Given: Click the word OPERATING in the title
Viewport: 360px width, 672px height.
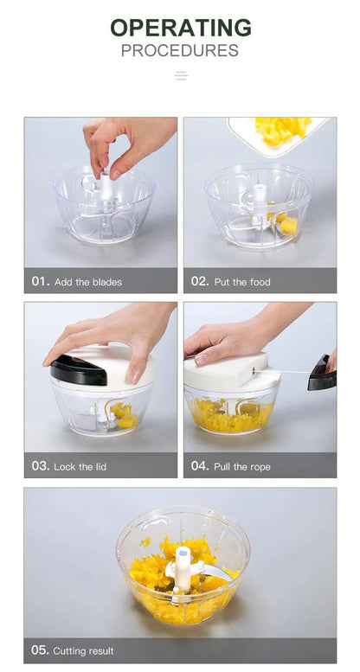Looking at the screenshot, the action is (181, 28).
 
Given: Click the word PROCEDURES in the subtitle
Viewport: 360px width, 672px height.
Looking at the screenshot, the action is (180, 50).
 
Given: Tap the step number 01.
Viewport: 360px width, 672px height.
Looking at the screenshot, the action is (41, 281).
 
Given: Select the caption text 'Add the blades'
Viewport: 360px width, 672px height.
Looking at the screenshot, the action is (88, 282).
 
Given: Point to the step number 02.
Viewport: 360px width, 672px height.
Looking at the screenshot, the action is (200, 281).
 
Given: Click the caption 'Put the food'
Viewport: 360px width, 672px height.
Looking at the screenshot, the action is (242, 282).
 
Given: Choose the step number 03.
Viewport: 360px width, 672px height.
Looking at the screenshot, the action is (41, 466).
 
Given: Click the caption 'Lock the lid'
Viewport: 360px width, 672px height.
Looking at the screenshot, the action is (80, 467).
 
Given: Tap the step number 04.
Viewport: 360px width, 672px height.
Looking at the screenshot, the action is (200, 466).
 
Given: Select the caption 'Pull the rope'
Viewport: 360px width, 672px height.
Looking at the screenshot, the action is (242, 467).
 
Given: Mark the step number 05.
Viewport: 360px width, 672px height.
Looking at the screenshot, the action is (41, 650).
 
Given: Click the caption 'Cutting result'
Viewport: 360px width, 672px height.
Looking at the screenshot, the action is (84, 651).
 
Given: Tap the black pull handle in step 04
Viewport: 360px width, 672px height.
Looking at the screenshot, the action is (322, 374).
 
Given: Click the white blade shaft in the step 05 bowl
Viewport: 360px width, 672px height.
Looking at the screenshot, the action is (183, 570).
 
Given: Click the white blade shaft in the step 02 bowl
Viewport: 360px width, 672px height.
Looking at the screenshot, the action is (259, 203).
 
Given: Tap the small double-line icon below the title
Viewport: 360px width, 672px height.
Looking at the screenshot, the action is (181, 76).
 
